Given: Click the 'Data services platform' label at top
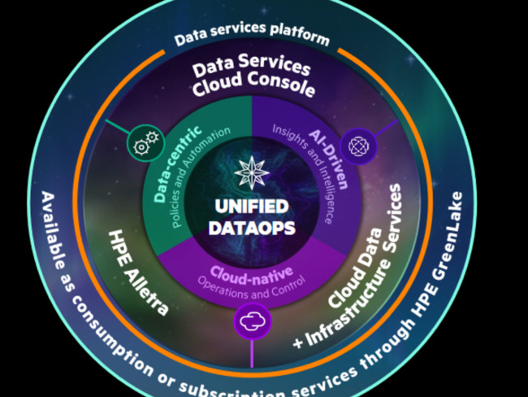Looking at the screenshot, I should pos(253,37).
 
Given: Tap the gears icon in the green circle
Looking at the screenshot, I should pos(144,146).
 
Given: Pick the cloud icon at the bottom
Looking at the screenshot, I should pos(251,320).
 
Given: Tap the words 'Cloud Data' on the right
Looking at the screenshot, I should pos(357,281).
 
